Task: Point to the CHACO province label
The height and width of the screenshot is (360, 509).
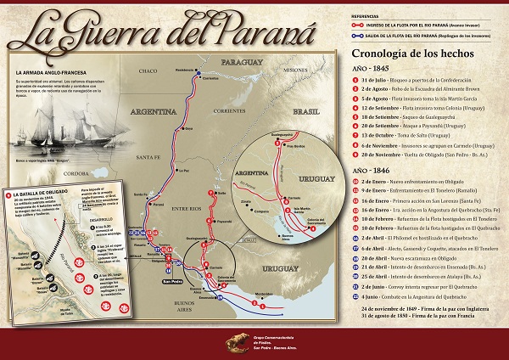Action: coord(149,70)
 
